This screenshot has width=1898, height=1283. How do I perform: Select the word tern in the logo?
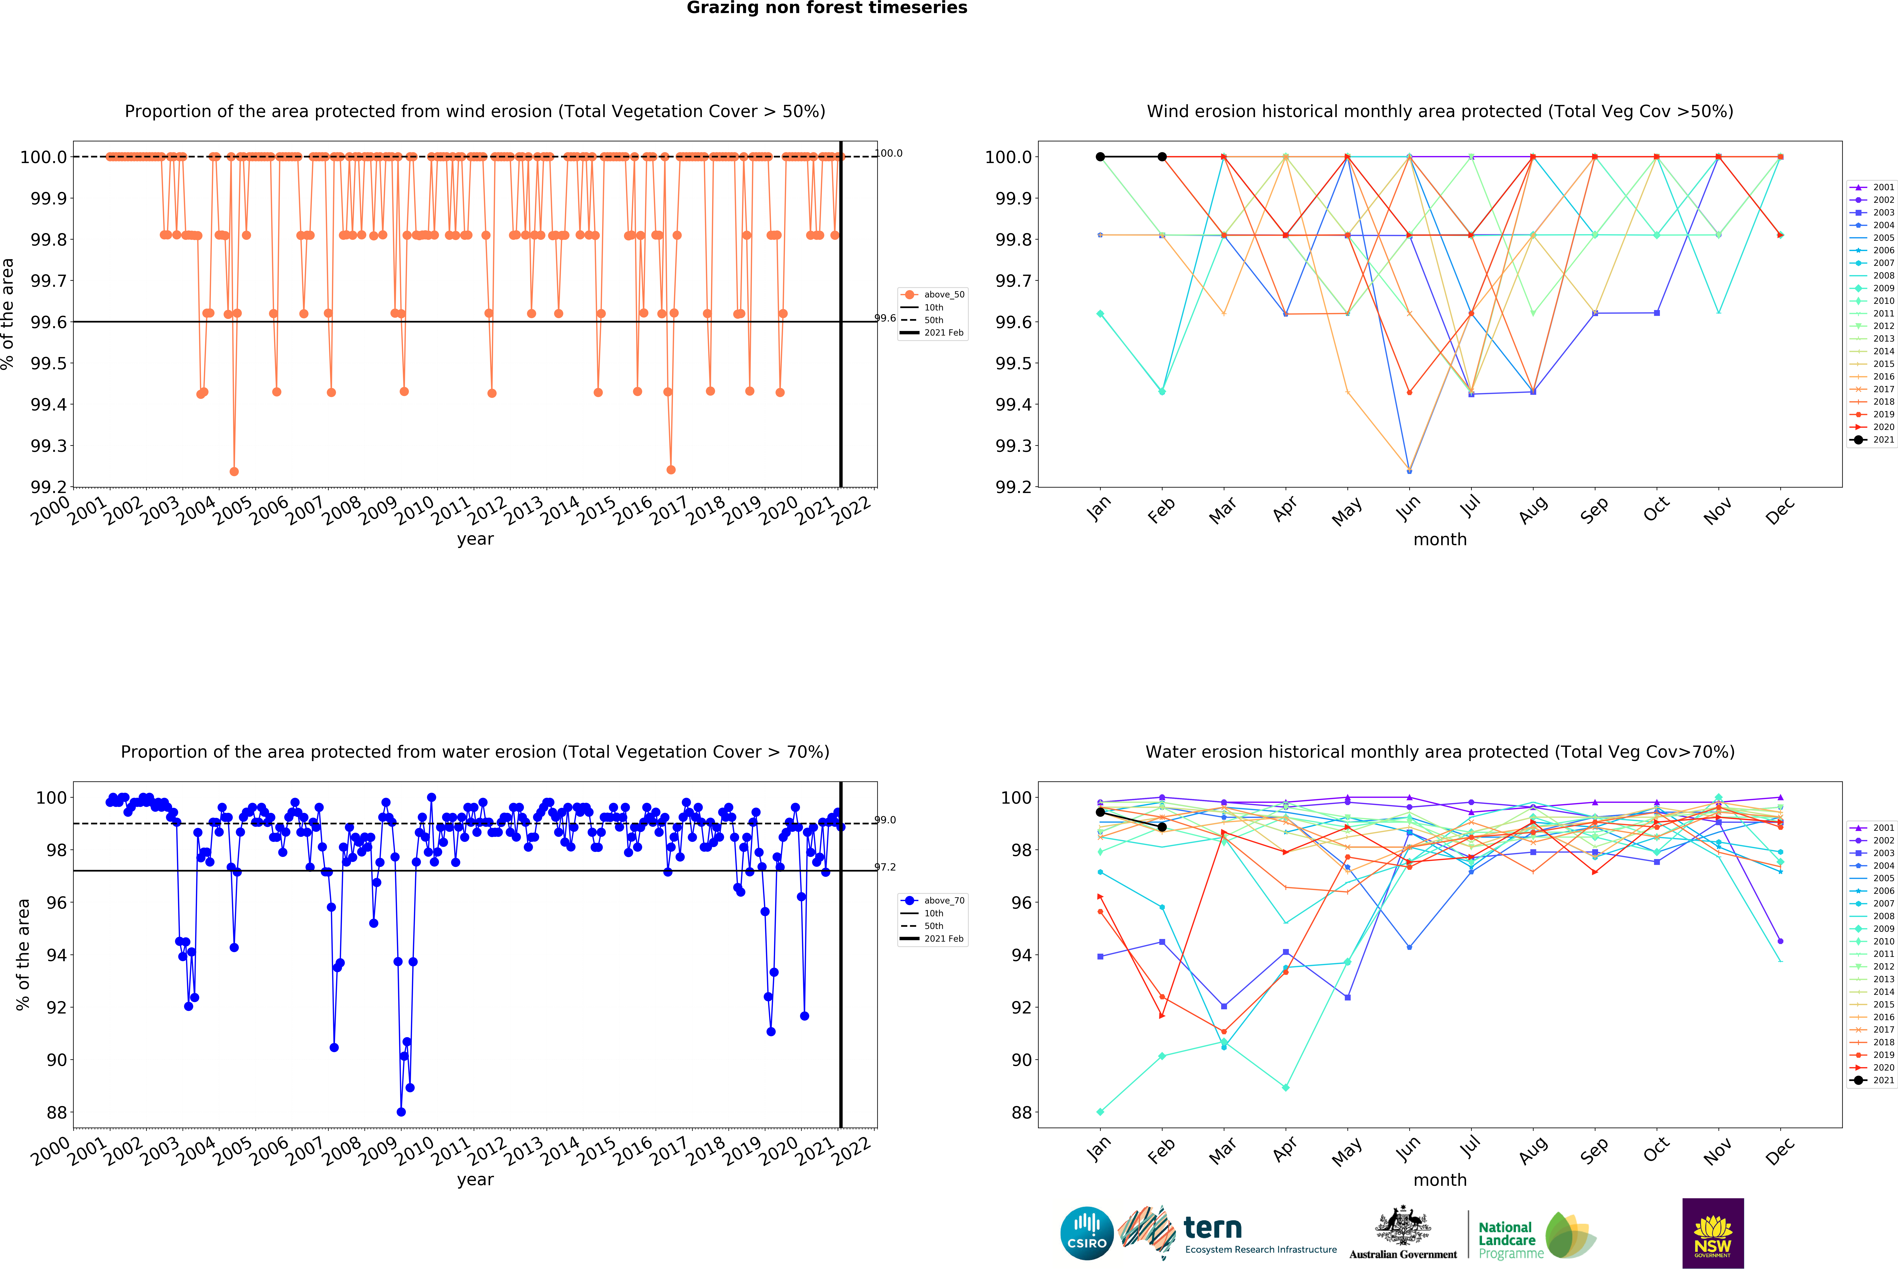point(1213,1227)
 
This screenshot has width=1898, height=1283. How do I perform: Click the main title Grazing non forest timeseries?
point(826,8)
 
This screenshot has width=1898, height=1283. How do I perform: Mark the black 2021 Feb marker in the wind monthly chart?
point(1162,157)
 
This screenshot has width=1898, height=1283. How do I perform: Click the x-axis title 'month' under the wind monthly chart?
point(1440,540)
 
